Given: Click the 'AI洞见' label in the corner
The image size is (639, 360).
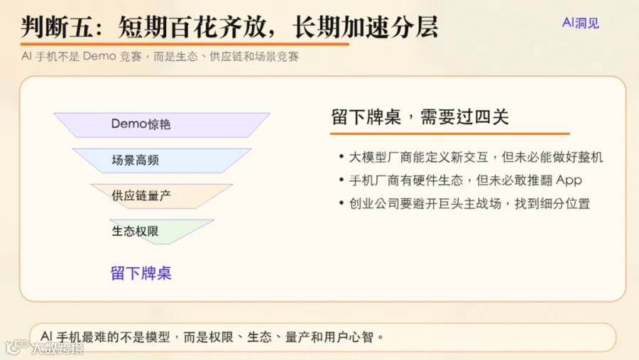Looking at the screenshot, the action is pyautogui.click(x=580, y=23).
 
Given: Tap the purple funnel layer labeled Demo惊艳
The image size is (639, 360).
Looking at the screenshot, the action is pyautogui.click(x=162, y=125).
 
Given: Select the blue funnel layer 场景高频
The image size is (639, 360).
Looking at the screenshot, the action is pyautogui.click(x=162, y=160).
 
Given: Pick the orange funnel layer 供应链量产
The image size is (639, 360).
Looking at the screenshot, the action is pyautogui.click(x=162, y=196).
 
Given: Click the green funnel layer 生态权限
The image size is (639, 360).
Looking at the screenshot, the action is pyautogui.click(x=162, y=231).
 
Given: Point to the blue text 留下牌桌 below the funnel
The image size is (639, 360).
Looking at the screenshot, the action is pyautogui.click(x=141, y=273).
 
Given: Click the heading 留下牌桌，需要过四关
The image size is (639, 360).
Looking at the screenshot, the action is pyautogui.click(x=420, y=117).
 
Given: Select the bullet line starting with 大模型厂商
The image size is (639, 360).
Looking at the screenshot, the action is pyautogui.click(x=476, y=157).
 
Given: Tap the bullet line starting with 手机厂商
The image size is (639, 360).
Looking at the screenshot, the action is pyautogui.click(x=465, y=180).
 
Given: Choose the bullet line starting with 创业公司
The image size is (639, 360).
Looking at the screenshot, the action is pyautogui.click(x=469, y=204).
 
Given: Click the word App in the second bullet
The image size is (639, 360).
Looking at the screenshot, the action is pyautogui.click(x=569, y=180).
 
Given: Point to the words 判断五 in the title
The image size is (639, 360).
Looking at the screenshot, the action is pyautogui.click(x=57, y=27).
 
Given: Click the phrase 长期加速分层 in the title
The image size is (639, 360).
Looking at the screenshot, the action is pyautogui.click(x=366, y=27).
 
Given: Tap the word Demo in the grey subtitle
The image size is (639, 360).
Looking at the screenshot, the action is pyautogui.click(x=99, y=56).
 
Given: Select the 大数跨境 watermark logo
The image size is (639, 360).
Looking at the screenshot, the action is pyautogui.click(x=45, y=347).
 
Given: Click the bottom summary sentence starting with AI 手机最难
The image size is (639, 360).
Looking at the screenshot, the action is pyautogui.click(x=212, y=337).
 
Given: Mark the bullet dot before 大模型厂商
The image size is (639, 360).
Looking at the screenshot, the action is pyautogui.click(x=341, y=156).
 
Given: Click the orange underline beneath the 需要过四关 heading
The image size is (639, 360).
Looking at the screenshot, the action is pyautogui.click(x=450, y=133).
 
